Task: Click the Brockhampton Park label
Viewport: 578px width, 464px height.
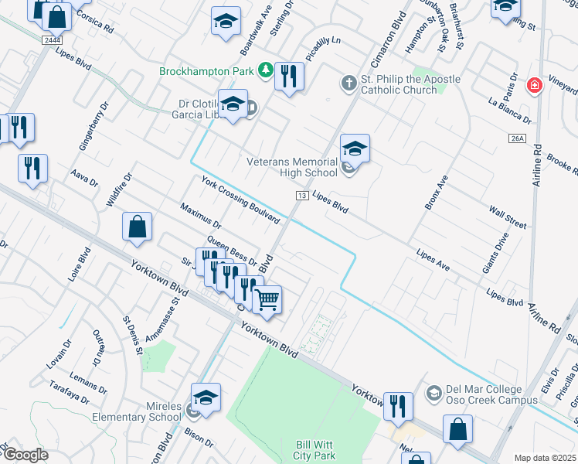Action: click(207, 71)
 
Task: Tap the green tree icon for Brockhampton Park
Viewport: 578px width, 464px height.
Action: click(266, 71)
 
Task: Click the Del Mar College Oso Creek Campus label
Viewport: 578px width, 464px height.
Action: click(491, 395)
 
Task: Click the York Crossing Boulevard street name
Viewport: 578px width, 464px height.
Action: click(240, 200)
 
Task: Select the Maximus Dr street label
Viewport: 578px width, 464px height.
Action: click(200, 217)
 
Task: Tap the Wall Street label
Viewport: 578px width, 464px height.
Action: click(508, 217)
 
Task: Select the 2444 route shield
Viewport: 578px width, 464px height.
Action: click(52, 39)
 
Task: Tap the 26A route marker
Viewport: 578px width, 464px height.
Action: click(517, 138)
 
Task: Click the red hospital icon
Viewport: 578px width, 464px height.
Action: click(533, 85)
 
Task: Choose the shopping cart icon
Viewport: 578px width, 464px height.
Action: click(267, 299)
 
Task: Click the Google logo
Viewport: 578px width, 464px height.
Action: click(25, 455)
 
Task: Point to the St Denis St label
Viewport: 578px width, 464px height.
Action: click(132, 333)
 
